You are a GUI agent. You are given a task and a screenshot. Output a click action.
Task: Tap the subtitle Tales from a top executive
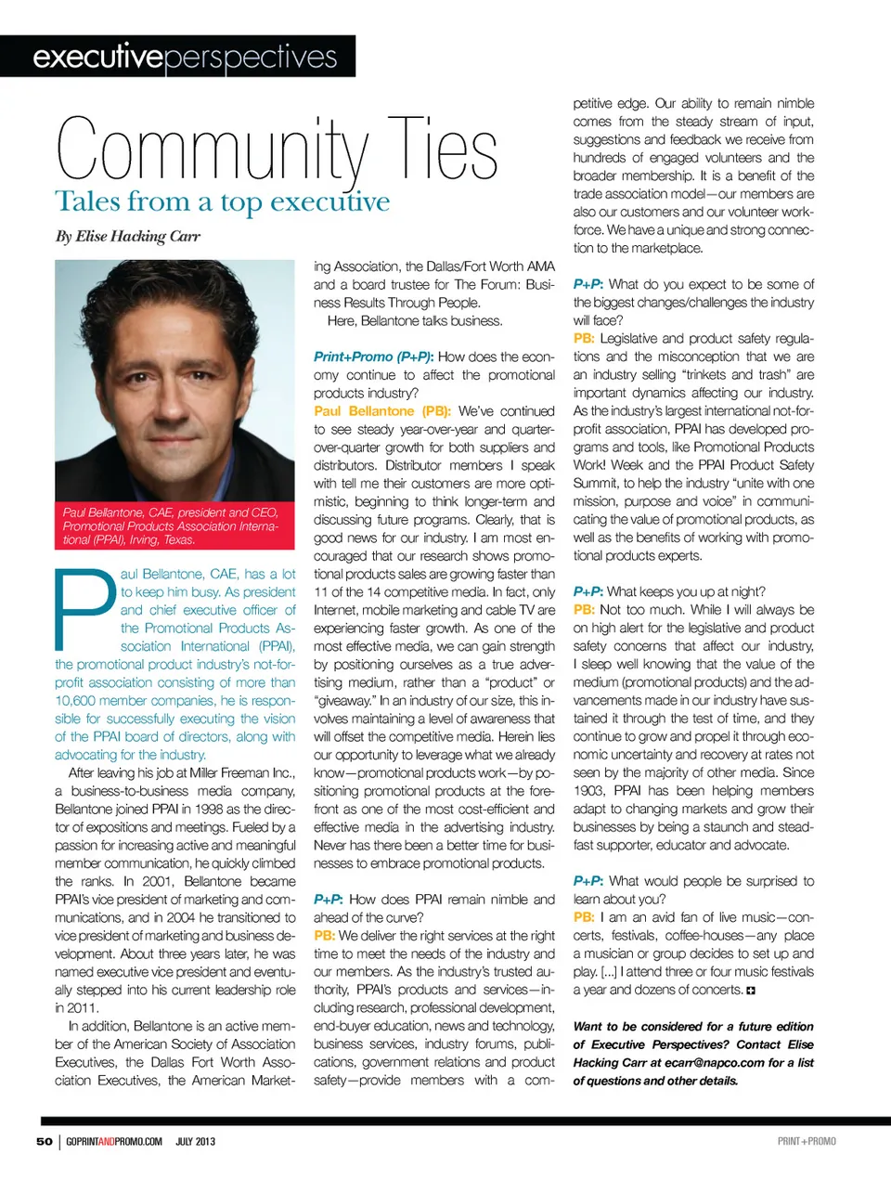(223, 202)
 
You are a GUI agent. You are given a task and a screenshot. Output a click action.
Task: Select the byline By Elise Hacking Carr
(127, 236)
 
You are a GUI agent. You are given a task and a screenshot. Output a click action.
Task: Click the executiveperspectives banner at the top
(185, 58)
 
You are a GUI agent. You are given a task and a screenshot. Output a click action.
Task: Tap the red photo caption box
(174, 525)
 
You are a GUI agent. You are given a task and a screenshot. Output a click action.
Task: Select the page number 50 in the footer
(45, 1141)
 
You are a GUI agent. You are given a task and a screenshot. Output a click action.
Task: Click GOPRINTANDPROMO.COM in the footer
(114, 1141)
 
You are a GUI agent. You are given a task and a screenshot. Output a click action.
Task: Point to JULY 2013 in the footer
(195, 1141)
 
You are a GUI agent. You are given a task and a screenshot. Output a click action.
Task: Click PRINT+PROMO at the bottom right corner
(807, 1141)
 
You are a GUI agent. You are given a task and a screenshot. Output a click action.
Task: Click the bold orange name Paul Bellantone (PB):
(381, 410)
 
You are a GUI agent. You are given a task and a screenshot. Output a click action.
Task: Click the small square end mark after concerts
(751, 991)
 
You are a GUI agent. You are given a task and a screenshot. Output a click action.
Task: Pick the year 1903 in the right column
(589, 790)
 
